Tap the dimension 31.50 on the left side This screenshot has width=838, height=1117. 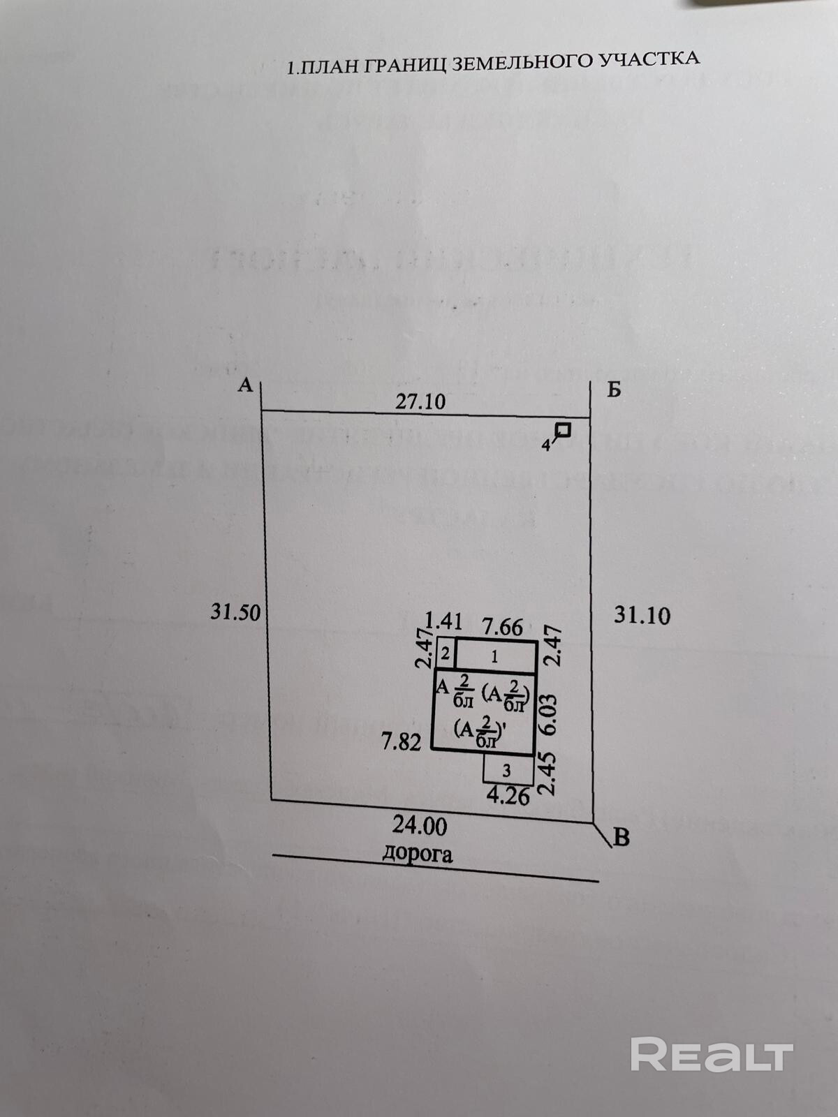click(235, 612)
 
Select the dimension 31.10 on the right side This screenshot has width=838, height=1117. click(642, 615)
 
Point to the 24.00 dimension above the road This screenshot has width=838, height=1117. click(419, 826)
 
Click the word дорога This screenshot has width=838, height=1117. click(417, 852)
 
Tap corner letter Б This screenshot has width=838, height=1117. click(613, 390)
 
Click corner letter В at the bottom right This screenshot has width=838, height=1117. click(621, 836)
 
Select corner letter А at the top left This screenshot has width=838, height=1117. click(244, 385)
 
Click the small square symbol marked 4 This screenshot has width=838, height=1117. click(563, 431)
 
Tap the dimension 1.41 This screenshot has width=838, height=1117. click(443, 621)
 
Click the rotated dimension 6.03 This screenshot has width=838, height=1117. click(550, 713)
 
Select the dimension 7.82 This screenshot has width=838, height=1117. click(401, 741)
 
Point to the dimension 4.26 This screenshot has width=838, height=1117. click(508, 796)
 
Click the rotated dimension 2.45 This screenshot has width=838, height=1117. click(550, 774)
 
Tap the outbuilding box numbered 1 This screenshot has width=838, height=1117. click(496, 656)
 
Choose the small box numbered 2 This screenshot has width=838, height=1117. click(446, 656)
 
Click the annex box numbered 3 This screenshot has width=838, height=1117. click(507, 770)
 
